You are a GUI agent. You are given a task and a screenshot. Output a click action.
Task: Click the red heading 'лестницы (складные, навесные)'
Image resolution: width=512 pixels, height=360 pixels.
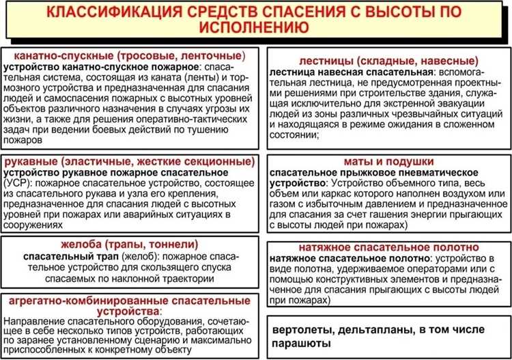pyautogui.click(x=384, y=60)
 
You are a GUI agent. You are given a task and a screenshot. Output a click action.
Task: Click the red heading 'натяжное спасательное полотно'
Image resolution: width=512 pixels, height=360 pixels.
pyautogui.click(x=384, y=247)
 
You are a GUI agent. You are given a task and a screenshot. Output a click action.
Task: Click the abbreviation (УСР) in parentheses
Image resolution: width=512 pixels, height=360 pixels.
pyautogui.click(x=16, y=184)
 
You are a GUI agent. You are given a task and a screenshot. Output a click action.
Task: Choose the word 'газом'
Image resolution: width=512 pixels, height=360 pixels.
pyautogui.click(x=285, y=206)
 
